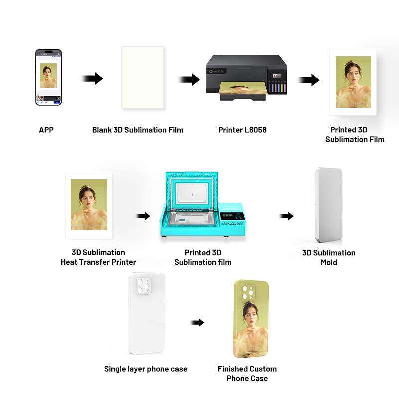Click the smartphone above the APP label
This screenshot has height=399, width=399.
[x=48, y=77]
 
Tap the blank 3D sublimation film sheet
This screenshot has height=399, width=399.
[x=143, y=77]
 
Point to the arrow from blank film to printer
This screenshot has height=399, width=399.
[x=189, y=79]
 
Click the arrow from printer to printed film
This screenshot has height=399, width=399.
[x=309, y=80]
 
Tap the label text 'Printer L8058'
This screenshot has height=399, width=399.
[x=242, y=130]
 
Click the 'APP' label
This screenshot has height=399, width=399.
[x=46, y=130]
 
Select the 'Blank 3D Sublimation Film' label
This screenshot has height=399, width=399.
[x=138, y=130]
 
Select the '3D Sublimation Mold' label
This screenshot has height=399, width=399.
[x=329, y=257]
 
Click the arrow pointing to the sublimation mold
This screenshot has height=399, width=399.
[x=286, y=216]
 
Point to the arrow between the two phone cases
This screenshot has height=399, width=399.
[x=198, y=322]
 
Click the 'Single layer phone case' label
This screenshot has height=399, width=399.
[x=146, y=369]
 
